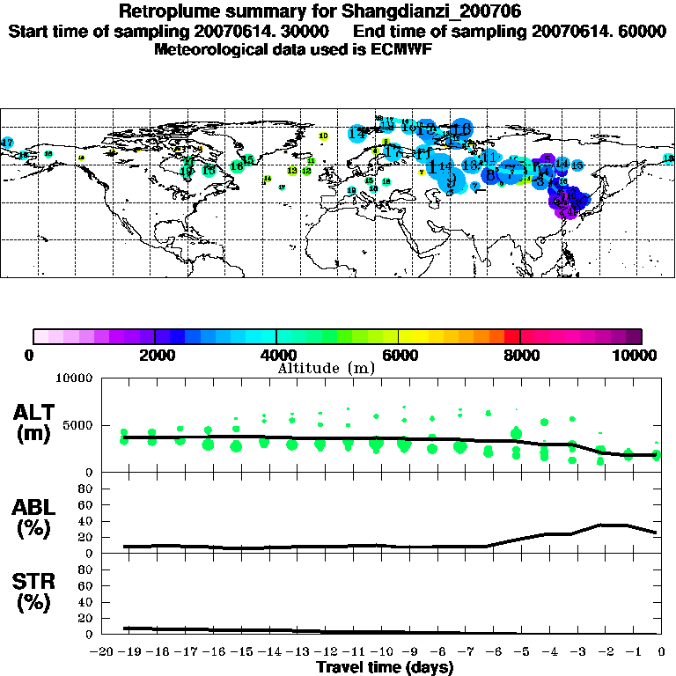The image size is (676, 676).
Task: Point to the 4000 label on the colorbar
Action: [276, 355]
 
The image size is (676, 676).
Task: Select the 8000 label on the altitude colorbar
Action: [520, 355]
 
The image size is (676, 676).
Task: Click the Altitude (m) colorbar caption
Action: [326, 368]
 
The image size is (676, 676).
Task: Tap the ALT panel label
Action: [33, 412]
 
